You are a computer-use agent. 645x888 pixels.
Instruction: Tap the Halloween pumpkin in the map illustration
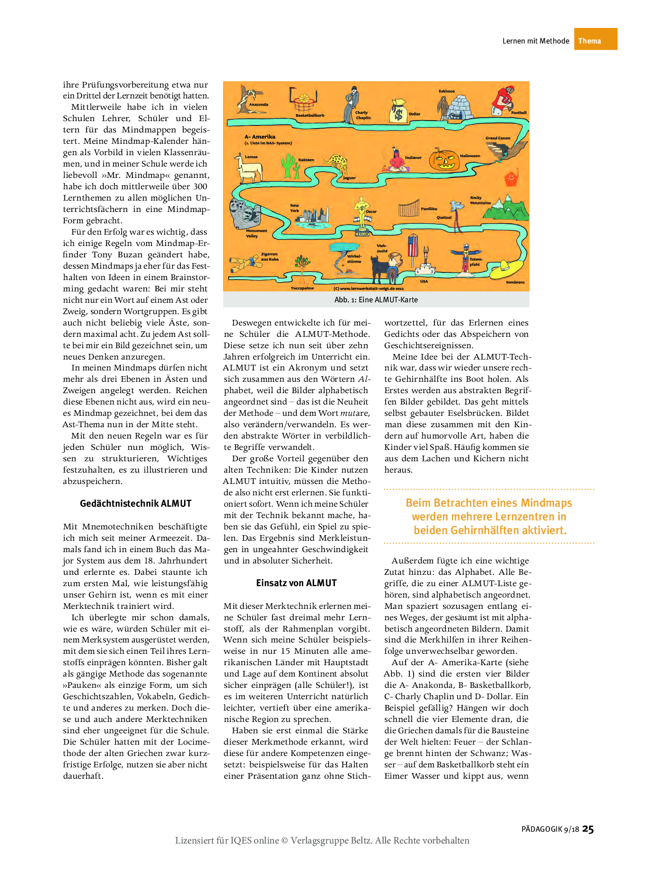444,160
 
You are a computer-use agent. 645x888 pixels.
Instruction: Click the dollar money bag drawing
398,111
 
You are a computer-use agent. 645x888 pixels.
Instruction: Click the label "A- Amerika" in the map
260,137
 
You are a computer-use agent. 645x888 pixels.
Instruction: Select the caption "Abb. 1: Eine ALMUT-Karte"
376,300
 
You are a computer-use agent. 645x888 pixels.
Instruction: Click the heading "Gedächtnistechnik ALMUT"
135,504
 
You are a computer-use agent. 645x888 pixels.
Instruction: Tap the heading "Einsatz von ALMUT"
296,583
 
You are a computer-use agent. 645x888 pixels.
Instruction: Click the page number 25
588,829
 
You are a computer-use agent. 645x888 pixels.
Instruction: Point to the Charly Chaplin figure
352,103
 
